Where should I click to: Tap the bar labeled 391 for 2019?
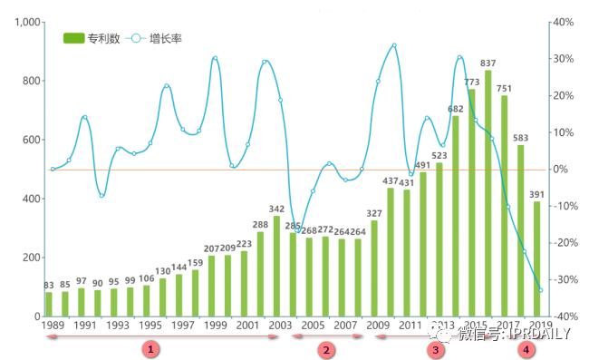point(536,258)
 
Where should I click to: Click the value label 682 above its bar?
point(455,109)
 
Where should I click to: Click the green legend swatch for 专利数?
point(73,38)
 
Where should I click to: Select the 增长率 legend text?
point(166,38)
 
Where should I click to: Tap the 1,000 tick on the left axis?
point(25,22)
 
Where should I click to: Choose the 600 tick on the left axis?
point(30,140)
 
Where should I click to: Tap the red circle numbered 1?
point(151,348)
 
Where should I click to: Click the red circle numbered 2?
point(327,349)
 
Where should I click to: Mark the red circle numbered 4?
point(526,348)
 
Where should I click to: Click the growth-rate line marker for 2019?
point(540,290)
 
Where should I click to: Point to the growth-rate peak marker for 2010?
point(393,45)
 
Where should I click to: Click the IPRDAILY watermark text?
point(528,335)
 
